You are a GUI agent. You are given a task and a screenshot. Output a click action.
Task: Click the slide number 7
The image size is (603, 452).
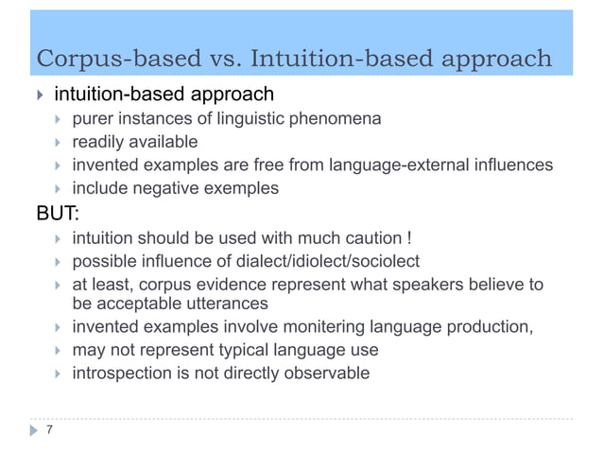(x=49, y=430)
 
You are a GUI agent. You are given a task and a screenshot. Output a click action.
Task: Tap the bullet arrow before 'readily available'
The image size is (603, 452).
(x=59, y=143)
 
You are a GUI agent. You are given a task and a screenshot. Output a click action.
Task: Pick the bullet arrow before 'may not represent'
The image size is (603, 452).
(x=59, y=351)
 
